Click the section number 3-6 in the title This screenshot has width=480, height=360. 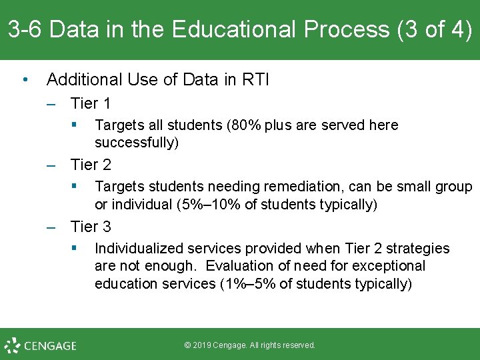25,30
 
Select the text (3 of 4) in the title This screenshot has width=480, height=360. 435,30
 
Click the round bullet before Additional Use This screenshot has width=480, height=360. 25,80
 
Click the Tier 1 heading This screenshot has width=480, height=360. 91,103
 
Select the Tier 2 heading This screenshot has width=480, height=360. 91,165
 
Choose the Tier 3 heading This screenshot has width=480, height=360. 91,227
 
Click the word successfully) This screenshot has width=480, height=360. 137,143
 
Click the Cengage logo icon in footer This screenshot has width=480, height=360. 12,345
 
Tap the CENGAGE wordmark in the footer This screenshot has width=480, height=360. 50,346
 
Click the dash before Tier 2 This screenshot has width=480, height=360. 52,165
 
